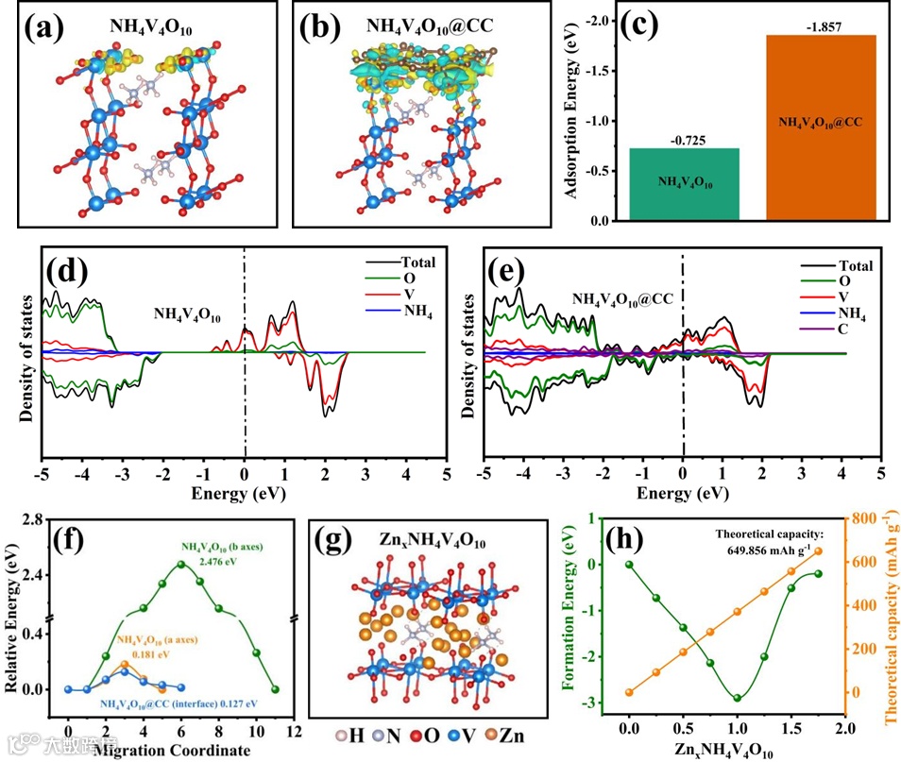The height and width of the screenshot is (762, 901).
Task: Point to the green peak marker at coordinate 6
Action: click(180, 565)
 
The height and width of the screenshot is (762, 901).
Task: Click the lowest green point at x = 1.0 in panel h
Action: click(737, 698)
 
